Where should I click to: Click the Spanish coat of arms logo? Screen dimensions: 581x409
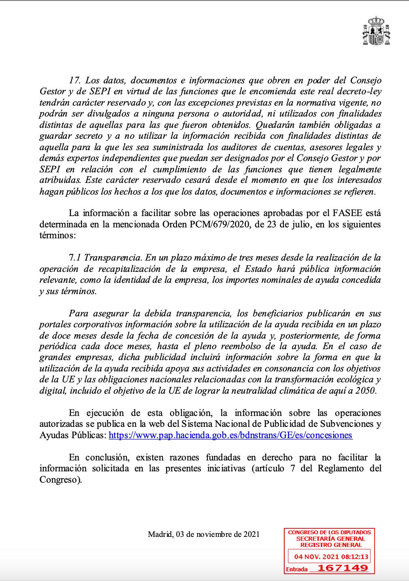pos(376,31)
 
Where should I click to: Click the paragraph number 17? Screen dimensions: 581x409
pos(75,80)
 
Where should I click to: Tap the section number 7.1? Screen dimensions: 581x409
pos(75,258)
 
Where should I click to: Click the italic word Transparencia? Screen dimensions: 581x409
pos(113,258)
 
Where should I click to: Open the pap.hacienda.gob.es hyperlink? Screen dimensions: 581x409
pos(230,435)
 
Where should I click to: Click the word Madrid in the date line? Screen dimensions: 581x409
pos(160,534)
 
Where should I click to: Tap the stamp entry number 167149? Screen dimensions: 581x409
pos(343,568)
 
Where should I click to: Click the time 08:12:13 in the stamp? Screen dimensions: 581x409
pos(354,557)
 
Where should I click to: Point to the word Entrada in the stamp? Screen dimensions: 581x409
pos(297,569)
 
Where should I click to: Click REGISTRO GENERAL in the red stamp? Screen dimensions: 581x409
pos(331,545)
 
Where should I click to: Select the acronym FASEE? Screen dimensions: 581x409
pos(347,213)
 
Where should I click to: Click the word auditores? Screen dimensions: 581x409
pos(243,147)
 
